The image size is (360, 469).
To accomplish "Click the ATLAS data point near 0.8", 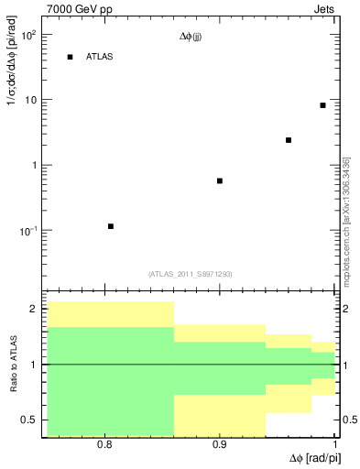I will point(111,226).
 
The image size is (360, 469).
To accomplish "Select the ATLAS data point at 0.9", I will point(220,180).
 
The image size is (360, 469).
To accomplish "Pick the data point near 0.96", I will point(289,140).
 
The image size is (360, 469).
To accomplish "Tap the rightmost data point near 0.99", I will point(322,105).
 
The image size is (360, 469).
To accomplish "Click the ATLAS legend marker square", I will point(70,58).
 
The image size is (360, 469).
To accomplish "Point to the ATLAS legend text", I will point(99,58).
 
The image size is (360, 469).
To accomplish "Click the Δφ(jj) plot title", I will point(192,38).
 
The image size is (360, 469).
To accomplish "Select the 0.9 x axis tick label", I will point(220,444).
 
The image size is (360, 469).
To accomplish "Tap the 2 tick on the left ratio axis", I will point(33,310).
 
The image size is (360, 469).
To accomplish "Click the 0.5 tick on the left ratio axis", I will point(28,420).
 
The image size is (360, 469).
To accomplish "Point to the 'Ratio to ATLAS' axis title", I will point(12,365).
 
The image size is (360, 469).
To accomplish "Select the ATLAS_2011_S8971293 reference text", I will point(191,273).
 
